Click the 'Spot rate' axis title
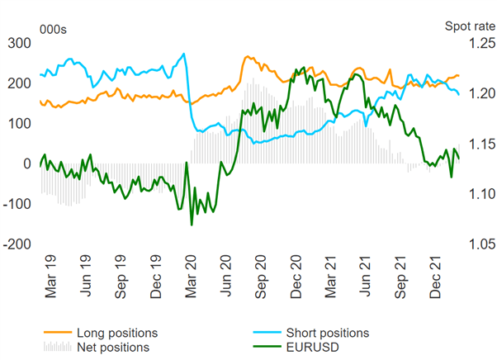pyautogui.click(x=468, y=26)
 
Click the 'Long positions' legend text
pyautogui.click(x=115, y=333)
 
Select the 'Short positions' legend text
pyautogui.click(x=328, y=333)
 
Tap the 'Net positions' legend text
pyautogui.click(x=111, y=347)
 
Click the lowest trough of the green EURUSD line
pyautogui.click(x=192, y=225)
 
